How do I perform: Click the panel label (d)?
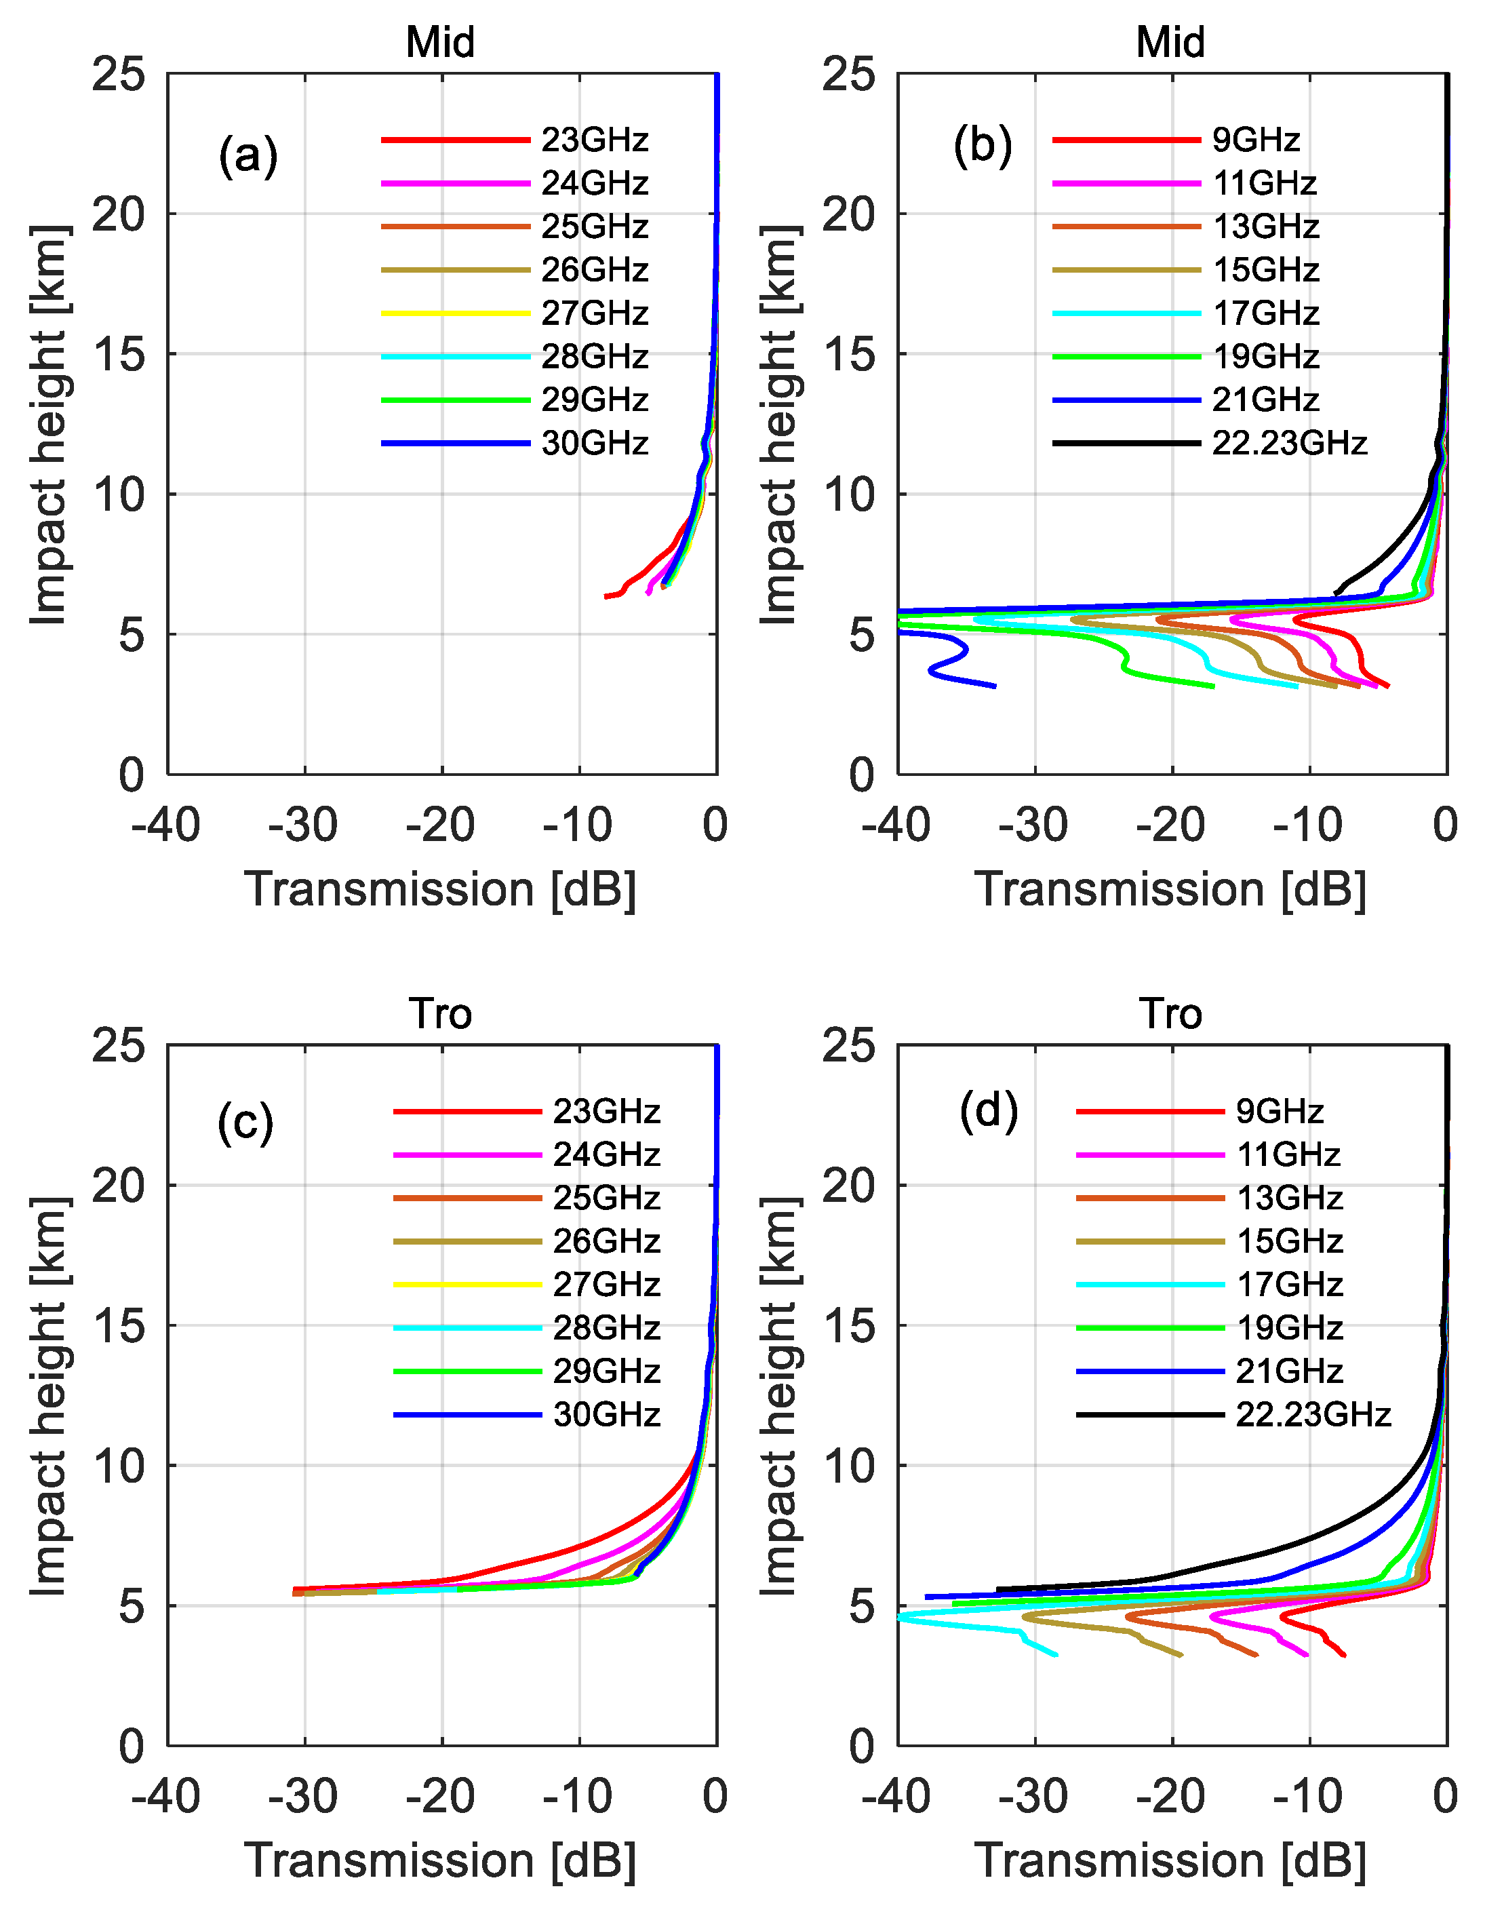(988, 1111)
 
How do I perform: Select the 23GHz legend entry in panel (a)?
(594, 140)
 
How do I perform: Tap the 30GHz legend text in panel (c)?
(606, 1415)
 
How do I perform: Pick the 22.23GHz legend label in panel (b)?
(1288, 444)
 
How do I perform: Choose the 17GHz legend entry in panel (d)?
(1289, 1285)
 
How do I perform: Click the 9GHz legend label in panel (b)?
(1256, 140)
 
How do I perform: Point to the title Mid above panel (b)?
(1170, 42)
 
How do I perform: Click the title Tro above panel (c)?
(440, 1014)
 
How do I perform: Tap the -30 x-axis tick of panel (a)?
(303, 825)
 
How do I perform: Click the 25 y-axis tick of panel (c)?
(118, 1045)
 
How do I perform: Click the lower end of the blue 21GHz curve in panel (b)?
(995, 686)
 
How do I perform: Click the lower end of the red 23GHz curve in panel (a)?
(606, 596)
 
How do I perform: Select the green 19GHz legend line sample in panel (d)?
(1149, 1328)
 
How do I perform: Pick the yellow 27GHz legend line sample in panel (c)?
(467, 1285)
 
